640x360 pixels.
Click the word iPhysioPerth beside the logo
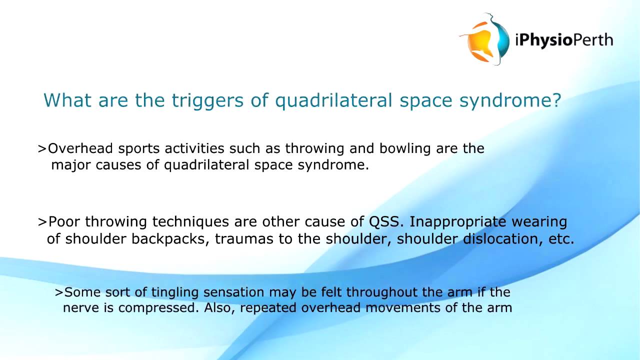[563, 39]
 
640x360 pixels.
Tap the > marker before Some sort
[59, 292]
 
